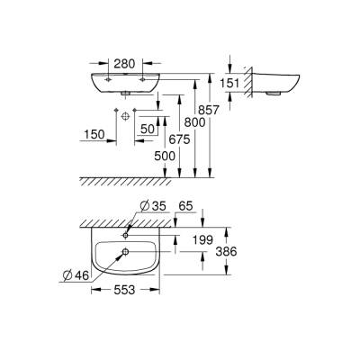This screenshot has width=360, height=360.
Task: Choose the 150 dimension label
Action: [93, 135]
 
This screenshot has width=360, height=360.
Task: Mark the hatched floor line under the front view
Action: [135, 178]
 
